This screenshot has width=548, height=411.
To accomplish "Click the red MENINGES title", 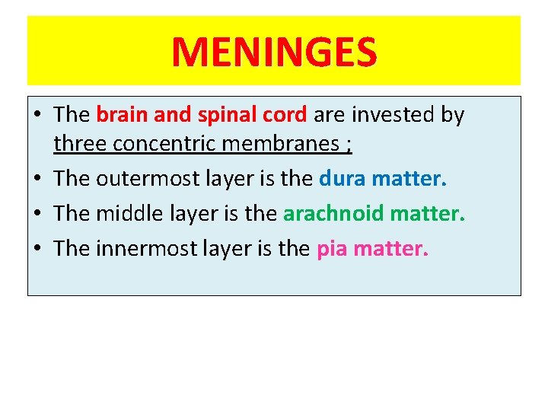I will point(273,53).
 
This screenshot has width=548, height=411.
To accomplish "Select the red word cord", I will point(285,115).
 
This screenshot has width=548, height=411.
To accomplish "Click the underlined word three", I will point(80,143).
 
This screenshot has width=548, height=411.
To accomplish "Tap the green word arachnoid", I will point(333,214).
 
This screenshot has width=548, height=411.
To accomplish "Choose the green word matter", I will point(428,214).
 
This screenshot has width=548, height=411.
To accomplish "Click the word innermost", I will point(148,248).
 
